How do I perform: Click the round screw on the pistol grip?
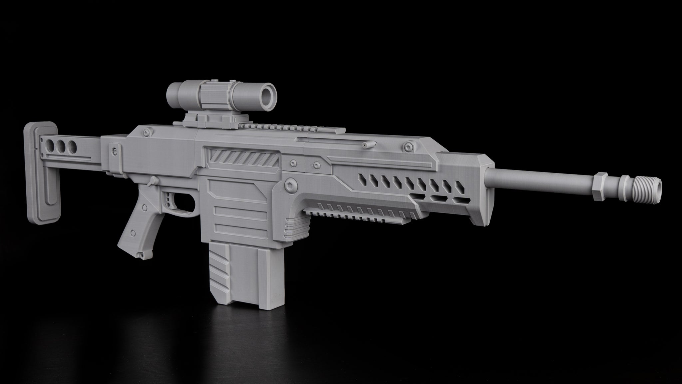133,232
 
